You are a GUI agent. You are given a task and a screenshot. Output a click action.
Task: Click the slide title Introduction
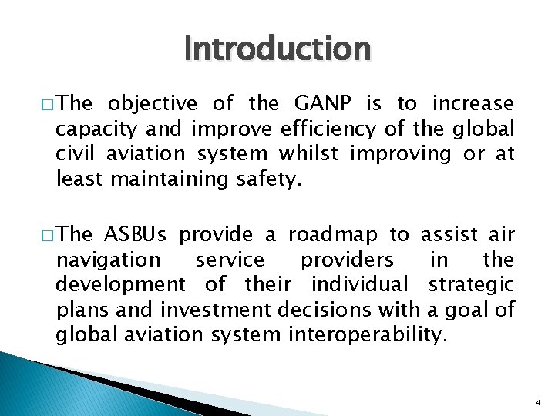pos(277,49)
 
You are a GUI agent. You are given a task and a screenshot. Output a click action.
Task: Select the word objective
pos(153,104)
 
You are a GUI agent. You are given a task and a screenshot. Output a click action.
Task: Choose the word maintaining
pos(172,179)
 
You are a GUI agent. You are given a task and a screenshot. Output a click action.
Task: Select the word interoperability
pos(372,336)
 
